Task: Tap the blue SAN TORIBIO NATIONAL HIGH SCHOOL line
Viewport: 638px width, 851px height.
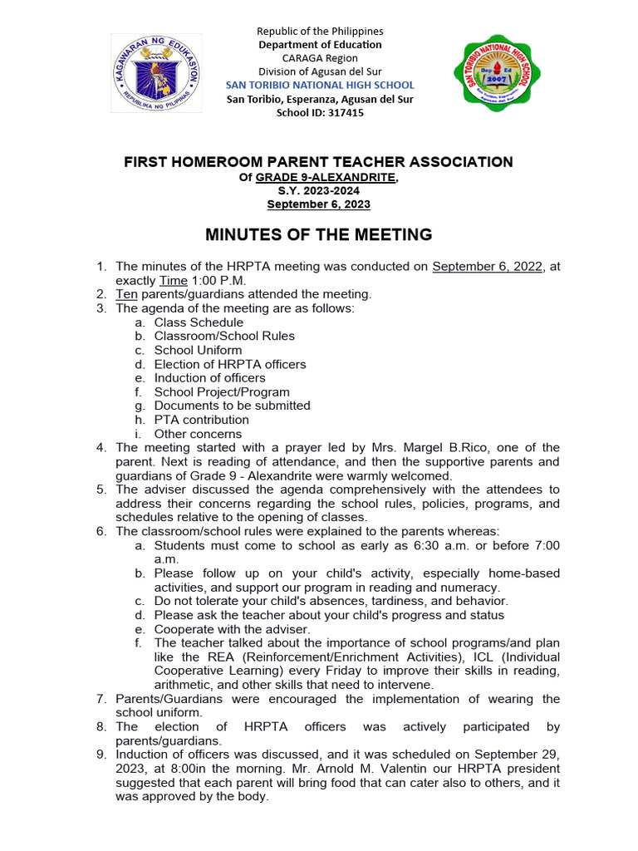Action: tap(320, 86)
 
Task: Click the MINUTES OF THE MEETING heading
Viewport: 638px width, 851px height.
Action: tap(318, 235)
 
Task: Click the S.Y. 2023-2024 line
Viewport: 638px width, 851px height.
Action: tap(318, 191)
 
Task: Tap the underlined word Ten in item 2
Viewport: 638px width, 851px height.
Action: tap(125, 294)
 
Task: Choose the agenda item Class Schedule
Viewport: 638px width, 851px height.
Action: tap(199, 322)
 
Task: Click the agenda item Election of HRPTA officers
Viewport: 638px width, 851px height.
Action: tap(230, 364)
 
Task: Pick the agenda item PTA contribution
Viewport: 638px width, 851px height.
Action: tap(201, 420)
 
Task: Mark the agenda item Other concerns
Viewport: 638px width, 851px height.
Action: tap(198, 434)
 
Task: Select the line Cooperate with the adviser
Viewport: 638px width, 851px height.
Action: tap(232, 629)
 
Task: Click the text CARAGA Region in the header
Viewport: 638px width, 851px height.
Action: tap(320, 57)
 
